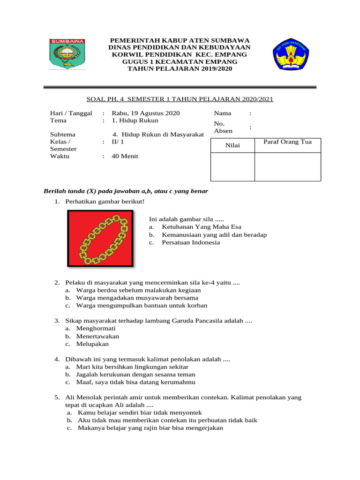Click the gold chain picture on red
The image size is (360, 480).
[x=100, y=239]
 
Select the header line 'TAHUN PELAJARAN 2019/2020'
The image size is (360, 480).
[x=180, y=68]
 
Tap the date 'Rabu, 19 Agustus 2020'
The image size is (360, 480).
[x=146, y=113]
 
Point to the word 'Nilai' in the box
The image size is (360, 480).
[x=232, y=145]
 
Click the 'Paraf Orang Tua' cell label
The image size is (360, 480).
[x=287, y=142]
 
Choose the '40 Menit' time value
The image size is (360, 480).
[x=125, y=156]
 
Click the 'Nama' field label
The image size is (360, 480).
[x=223, y=113]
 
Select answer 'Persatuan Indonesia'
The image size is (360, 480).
[x=191, y=242]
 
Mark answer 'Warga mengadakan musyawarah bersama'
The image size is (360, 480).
[x=137, y=298]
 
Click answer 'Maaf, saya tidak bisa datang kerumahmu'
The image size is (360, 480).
[x=135, y=382]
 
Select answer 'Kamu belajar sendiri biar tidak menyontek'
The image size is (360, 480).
[x=140, y=412]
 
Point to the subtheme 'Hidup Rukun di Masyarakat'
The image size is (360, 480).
[x=163, y=134]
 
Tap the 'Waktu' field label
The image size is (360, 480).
[x=60, y=156]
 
